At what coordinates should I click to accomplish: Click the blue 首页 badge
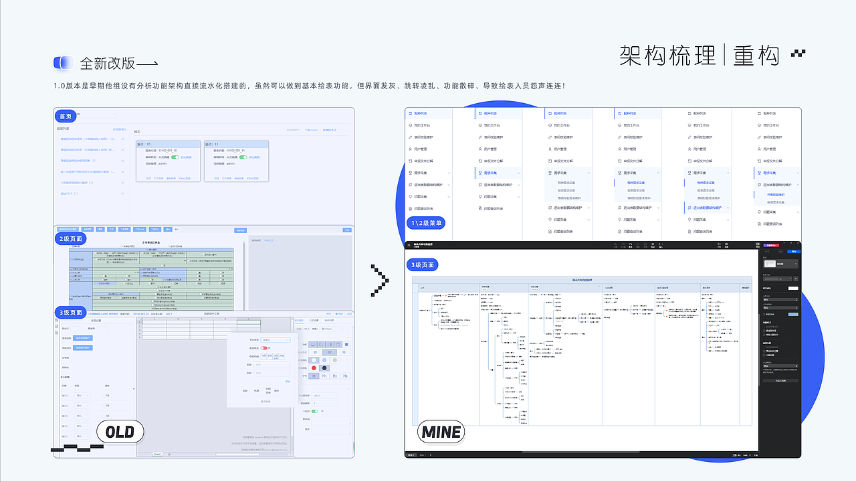66,116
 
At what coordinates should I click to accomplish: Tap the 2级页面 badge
70,238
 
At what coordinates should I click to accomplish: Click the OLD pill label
120,432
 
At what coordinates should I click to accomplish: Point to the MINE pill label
441,432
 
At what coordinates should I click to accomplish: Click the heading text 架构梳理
667,56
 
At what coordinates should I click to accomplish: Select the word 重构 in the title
756,56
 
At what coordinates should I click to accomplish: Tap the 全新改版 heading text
108,64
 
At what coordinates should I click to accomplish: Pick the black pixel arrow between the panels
380,280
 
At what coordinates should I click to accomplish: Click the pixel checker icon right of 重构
798,54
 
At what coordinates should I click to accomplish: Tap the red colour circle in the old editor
314,368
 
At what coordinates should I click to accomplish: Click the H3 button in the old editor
345,376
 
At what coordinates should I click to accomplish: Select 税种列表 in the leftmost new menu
423,114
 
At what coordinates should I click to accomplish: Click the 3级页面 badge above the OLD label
70,313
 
